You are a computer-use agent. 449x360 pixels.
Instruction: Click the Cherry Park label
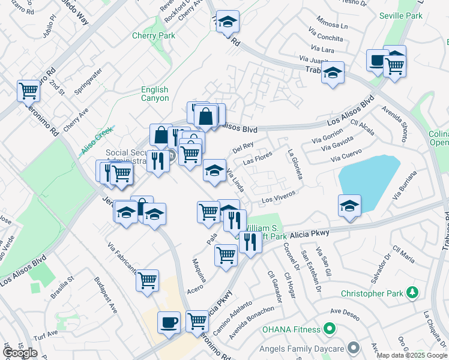coord(154,35)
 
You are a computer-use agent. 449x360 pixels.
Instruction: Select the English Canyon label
coord(155,94)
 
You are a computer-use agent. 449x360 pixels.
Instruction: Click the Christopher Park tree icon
coord(412,293)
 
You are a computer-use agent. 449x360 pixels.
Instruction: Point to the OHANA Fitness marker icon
coord(328,329)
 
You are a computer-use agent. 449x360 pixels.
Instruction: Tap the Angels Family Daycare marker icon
coord(354,347)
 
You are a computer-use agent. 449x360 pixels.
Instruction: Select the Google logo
coord(20,353)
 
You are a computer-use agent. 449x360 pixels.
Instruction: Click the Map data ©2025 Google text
coord(412,355)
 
